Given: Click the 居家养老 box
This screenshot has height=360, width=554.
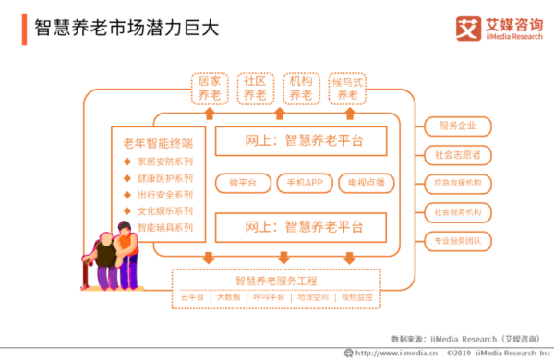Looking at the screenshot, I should [x=209, y=88].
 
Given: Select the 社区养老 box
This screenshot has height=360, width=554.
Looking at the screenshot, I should [x=254, y=88].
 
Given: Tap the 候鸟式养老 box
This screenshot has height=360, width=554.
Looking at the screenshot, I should [x=347, y=88].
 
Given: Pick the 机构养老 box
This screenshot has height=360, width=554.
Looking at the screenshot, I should [x=300, y=88].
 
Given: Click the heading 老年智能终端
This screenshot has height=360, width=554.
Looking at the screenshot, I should [x=158, y=143].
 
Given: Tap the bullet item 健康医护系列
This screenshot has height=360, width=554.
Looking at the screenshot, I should [x=164, y=178].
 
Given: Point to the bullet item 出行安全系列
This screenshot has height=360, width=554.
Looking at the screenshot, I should [x=164, y=195].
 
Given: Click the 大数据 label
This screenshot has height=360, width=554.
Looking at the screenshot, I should [x=227, y=297].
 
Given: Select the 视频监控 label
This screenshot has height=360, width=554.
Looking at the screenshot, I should [x=355, y=297].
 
